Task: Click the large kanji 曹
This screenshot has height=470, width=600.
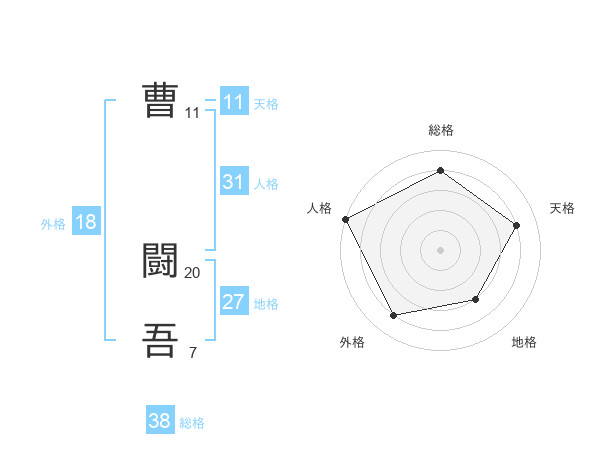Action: coord(160,101)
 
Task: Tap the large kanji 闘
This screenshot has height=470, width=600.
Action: coord(160,261)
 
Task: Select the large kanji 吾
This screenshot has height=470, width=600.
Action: coord(160,341)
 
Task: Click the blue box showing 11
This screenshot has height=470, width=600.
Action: coord(233,102)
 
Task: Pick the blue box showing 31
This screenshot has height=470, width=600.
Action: coord(233,182)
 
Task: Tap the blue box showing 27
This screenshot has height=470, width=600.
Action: coord(233,302)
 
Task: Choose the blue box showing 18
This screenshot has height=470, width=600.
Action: coord(86,222)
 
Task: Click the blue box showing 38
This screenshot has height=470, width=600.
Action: coord(159,421)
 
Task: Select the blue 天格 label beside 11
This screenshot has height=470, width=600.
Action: coord(266,104)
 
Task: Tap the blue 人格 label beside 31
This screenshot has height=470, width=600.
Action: coord(266,184)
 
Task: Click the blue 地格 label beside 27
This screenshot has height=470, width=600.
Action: coord(266,304)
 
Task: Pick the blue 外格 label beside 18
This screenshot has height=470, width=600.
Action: coord(53,224)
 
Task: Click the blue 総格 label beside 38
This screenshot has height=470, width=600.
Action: coord(192,423)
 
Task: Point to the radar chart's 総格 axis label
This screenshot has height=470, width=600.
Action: coord(440,130)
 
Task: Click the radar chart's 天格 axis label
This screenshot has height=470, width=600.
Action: coord(562,208)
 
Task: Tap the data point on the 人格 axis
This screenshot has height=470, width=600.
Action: coord(346,219)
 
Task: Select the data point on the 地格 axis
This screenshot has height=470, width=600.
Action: coord(476,299)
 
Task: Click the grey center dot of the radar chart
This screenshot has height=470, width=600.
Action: coord(440,250)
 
